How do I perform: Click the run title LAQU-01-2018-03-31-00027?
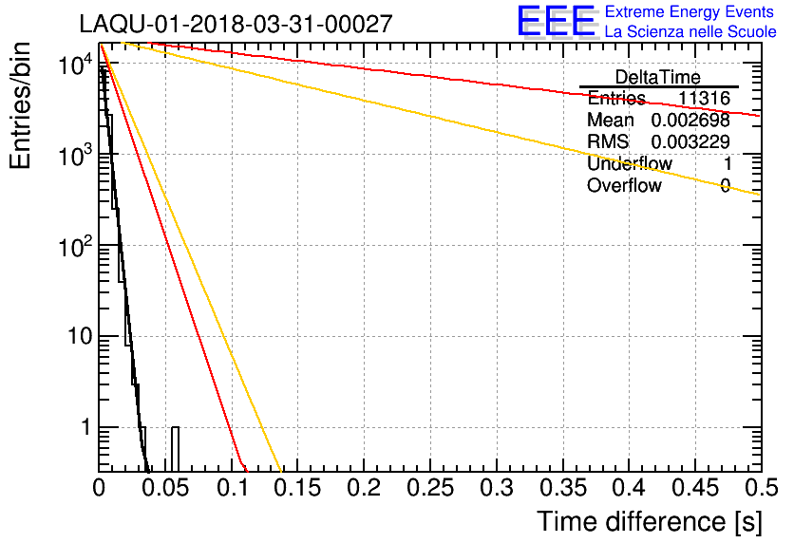click(236, 25)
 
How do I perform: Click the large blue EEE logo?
click(556, 22)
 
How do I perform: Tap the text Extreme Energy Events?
click(689, 12)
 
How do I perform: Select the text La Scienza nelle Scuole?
click(690, 32)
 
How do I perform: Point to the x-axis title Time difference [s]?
click(649, 521)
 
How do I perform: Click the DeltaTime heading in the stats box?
click(658, 77)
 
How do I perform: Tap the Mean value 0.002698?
click(690, 121)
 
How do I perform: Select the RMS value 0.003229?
click(690, 142)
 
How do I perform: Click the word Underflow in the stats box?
click(629, 164)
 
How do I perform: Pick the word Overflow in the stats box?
click(624, 186)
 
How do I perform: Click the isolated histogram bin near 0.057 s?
click(175, 448)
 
